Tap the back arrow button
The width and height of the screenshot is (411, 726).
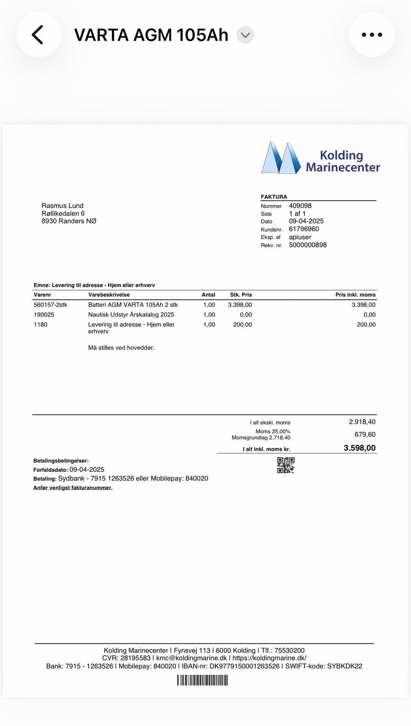[x=38, y=35]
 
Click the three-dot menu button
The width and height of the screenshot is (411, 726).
[x=372, y=35]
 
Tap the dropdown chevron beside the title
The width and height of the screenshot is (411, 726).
[x=245, y=35]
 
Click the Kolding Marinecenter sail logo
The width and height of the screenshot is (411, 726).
[x=281, y=158]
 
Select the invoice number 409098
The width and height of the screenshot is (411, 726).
[x=300, y=206]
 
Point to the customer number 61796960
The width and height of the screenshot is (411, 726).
[x=304, y=229]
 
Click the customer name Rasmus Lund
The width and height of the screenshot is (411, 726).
[x=63, y=206]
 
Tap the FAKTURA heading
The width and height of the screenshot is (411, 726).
[x=274, y=197]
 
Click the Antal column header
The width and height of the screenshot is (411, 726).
[x=208, y=295]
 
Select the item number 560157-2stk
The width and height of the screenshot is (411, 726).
[x=51, y=305]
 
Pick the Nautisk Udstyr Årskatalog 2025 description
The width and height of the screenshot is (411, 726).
[x=131, y=315]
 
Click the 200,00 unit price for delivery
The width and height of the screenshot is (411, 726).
[x=242, y=324]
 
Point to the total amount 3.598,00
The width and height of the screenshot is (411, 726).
[x=360, y=448]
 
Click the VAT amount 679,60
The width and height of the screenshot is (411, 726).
[x=365, y=434]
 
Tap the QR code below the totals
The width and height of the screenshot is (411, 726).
[x=286, y=465]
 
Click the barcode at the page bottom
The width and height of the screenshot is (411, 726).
[x=203, y=680]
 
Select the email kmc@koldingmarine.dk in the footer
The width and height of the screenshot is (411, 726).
[x=191, y=658]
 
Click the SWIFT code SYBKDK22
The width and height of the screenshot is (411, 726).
[x=345, y=666]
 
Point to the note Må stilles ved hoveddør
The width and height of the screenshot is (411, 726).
[x=121, y=348]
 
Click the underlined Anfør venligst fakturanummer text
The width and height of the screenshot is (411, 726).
[x=73, y=488]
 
